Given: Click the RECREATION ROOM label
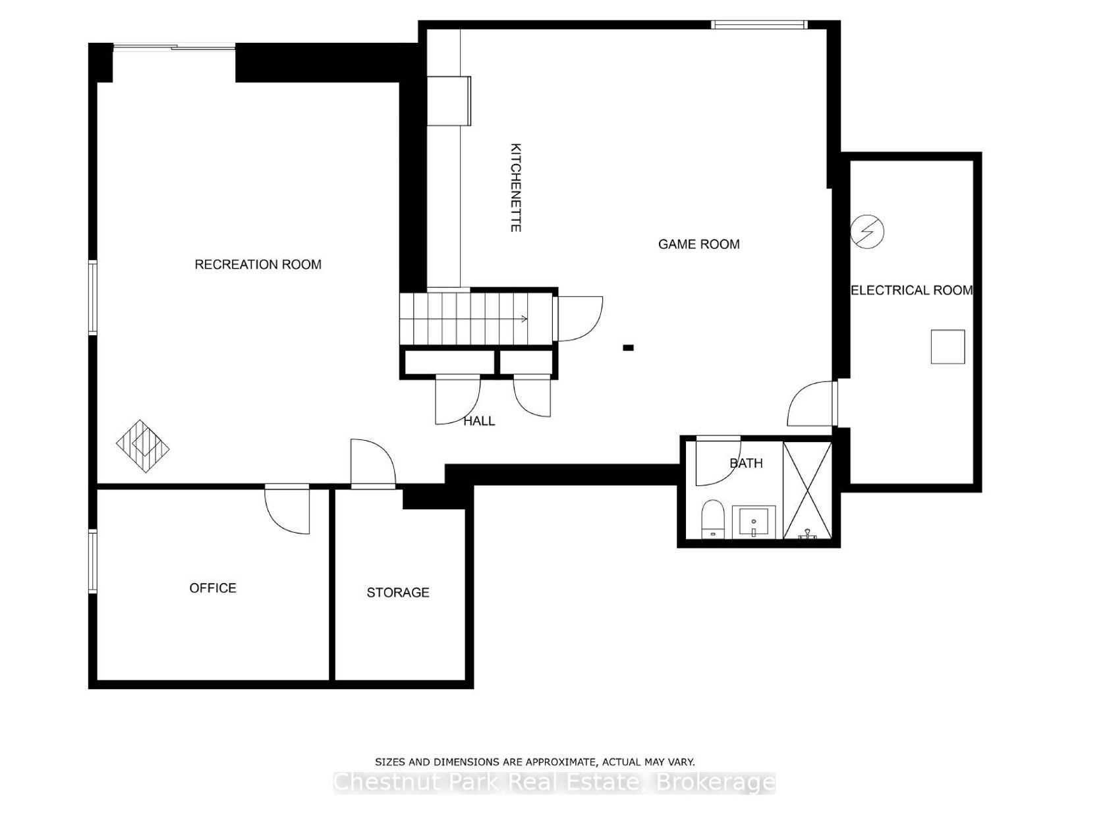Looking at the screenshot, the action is coord(258,265).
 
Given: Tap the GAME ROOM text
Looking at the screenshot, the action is coord(698,244).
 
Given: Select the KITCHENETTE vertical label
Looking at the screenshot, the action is coord(515,188).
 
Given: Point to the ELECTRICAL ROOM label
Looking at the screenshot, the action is coord(911,290).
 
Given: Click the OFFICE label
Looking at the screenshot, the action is coord(213,588).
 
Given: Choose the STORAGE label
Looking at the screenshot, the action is coord(398,593).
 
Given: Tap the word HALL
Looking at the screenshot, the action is coord(479,421).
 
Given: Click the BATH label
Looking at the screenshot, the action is coord(746,463).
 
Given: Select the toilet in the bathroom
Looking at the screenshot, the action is coord(712,518).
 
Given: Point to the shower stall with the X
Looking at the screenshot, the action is coord(807,490).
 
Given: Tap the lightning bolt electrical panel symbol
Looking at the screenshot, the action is coord(867,232).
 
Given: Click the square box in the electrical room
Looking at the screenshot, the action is coord(948,346).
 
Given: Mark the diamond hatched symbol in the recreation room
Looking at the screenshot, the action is coord(143,446).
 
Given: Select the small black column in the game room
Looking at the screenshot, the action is coord(628,347).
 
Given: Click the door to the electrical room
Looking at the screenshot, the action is coord(811,403).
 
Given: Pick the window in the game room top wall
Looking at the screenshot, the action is coord(759,24).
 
